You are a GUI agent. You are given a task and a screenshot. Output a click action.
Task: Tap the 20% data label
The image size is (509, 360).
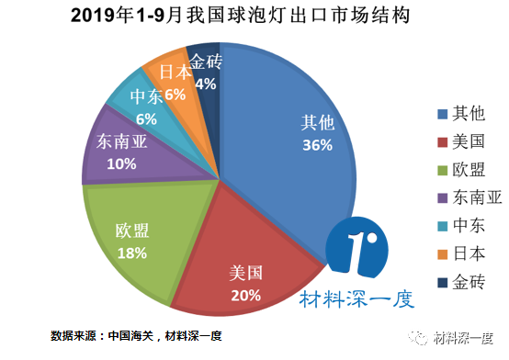245,296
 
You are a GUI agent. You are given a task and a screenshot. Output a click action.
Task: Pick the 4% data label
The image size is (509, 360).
205,84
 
